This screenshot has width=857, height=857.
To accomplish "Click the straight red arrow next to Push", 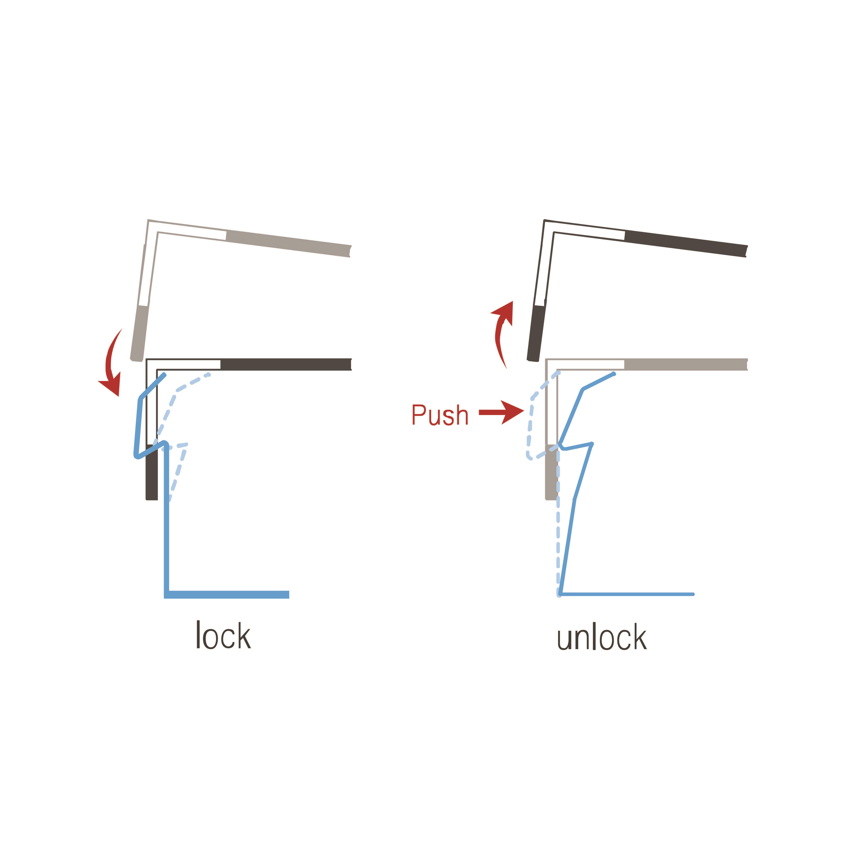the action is [501, 412].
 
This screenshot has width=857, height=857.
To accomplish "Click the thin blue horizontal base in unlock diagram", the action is [626, 594].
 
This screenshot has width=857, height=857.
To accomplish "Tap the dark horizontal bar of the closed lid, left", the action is [286, 364].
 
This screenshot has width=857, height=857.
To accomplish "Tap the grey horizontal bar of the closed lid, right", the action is [685, 364].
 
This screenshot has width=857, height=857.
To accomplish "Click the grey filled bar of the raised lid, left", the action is [288, 243].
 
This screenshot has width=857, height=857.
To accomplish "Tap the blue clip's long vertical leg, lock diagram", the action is [166, 519].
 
